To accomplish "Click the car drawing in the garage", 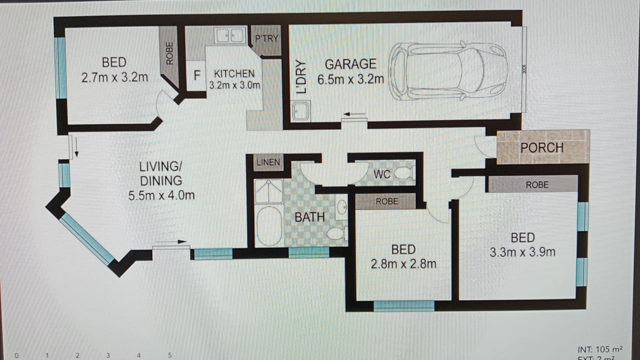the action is coord(447,71).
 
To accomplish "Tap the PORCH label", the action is coord(542,147).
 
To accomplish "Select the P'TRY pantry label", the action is coord(266,38).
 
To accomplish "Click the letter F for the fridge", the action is coord(196,75).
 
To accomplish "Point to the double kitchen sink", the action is coord(230,35).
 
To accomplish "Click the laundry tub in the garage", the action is coord(301,111).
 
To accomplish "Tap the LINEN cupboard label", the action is coord(268,162).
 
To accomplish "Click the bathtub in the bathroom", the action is coord(269,225).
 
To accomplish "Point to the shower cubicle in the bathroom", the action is coord(268,191).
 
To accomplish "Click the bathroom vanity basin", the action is coord(341,207).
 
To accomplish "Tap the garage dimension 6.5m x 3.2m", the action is coord(350,79).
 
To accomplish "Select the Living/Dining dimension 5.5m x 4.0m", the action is coord(161,195).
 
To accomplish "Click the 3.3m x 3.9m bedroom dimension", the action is coord(522,252).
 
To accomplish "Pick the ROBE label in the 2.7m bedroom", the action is coord(169,53).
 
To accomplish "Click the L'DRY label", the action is coord(301,77).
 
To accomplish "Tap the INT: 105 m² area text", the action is coord(600,349).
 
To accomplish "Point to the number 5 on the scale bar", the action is coord(169,355).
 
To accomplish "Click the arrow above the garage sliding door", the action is coord(354,114).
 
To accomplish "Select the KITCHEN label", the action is coord(234,73).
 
